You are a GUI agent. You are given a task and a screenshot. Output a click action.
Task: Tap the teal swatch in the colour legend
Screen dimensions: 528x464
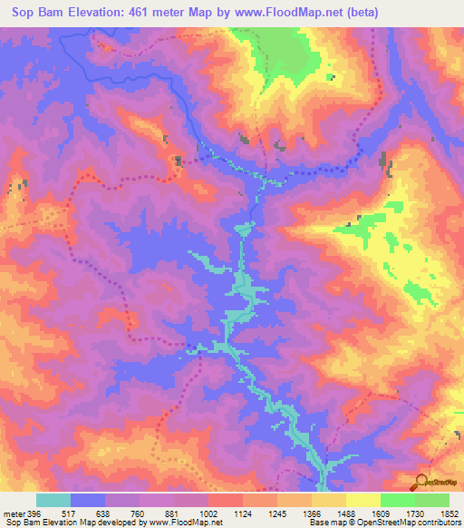53,501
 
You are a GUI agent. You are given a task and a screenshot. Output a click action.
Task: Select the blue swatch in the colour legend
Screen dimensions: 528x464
88,501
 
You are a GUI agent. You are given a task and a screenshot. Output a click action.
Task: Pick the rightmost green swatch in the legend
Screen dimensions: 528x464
432,501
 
